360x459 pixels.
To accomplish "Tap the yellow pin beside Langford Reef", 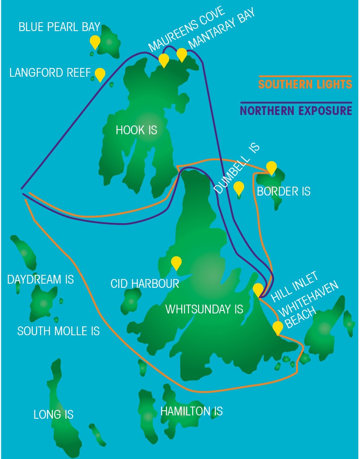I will [x=99, y=74].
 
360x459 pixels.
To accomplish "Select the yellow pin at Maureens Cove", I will [x=164, y=60].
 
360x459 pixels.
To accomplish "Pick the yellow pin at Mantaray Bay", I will [x=182, y=54].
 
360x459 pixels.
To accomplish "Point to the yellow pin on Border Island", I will [x=271, y=167].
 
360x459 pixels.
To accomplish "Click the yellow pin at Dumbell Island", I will [x=239, y=188].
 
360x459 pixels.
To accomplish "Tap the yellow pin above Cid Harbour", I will [x=176, y=263].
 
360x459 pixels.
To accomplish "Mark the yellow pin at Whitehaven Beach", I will [x=277, y=327].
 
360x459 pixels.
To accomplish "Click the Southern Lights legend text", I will [x=305, y=84].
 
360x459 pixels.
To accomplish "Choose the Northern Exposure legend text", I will [x=296, y=111].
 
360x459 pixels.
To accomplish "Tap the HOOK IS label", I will [x=136, y=130].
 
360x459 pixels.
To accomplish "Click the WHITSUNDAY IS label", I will [x=204, y=310].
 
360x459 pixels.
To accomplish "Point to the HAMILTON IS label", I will [x=191, y=411].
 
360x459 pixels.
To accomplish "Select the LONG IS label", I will [x=53, y=415].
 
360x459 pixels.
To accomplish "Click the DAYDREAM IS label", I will [x=41, y=279].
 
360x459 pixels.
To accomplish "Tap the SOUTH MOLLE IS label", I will [x=58, y=331].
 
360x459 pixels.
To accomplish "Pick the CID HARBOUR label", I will [x=145, y=283].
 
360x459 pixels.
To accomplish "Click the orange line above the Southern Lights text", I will [x=305, y=76].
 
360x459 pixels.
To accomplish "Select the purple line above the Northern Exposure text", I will [x=296, y=102].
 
